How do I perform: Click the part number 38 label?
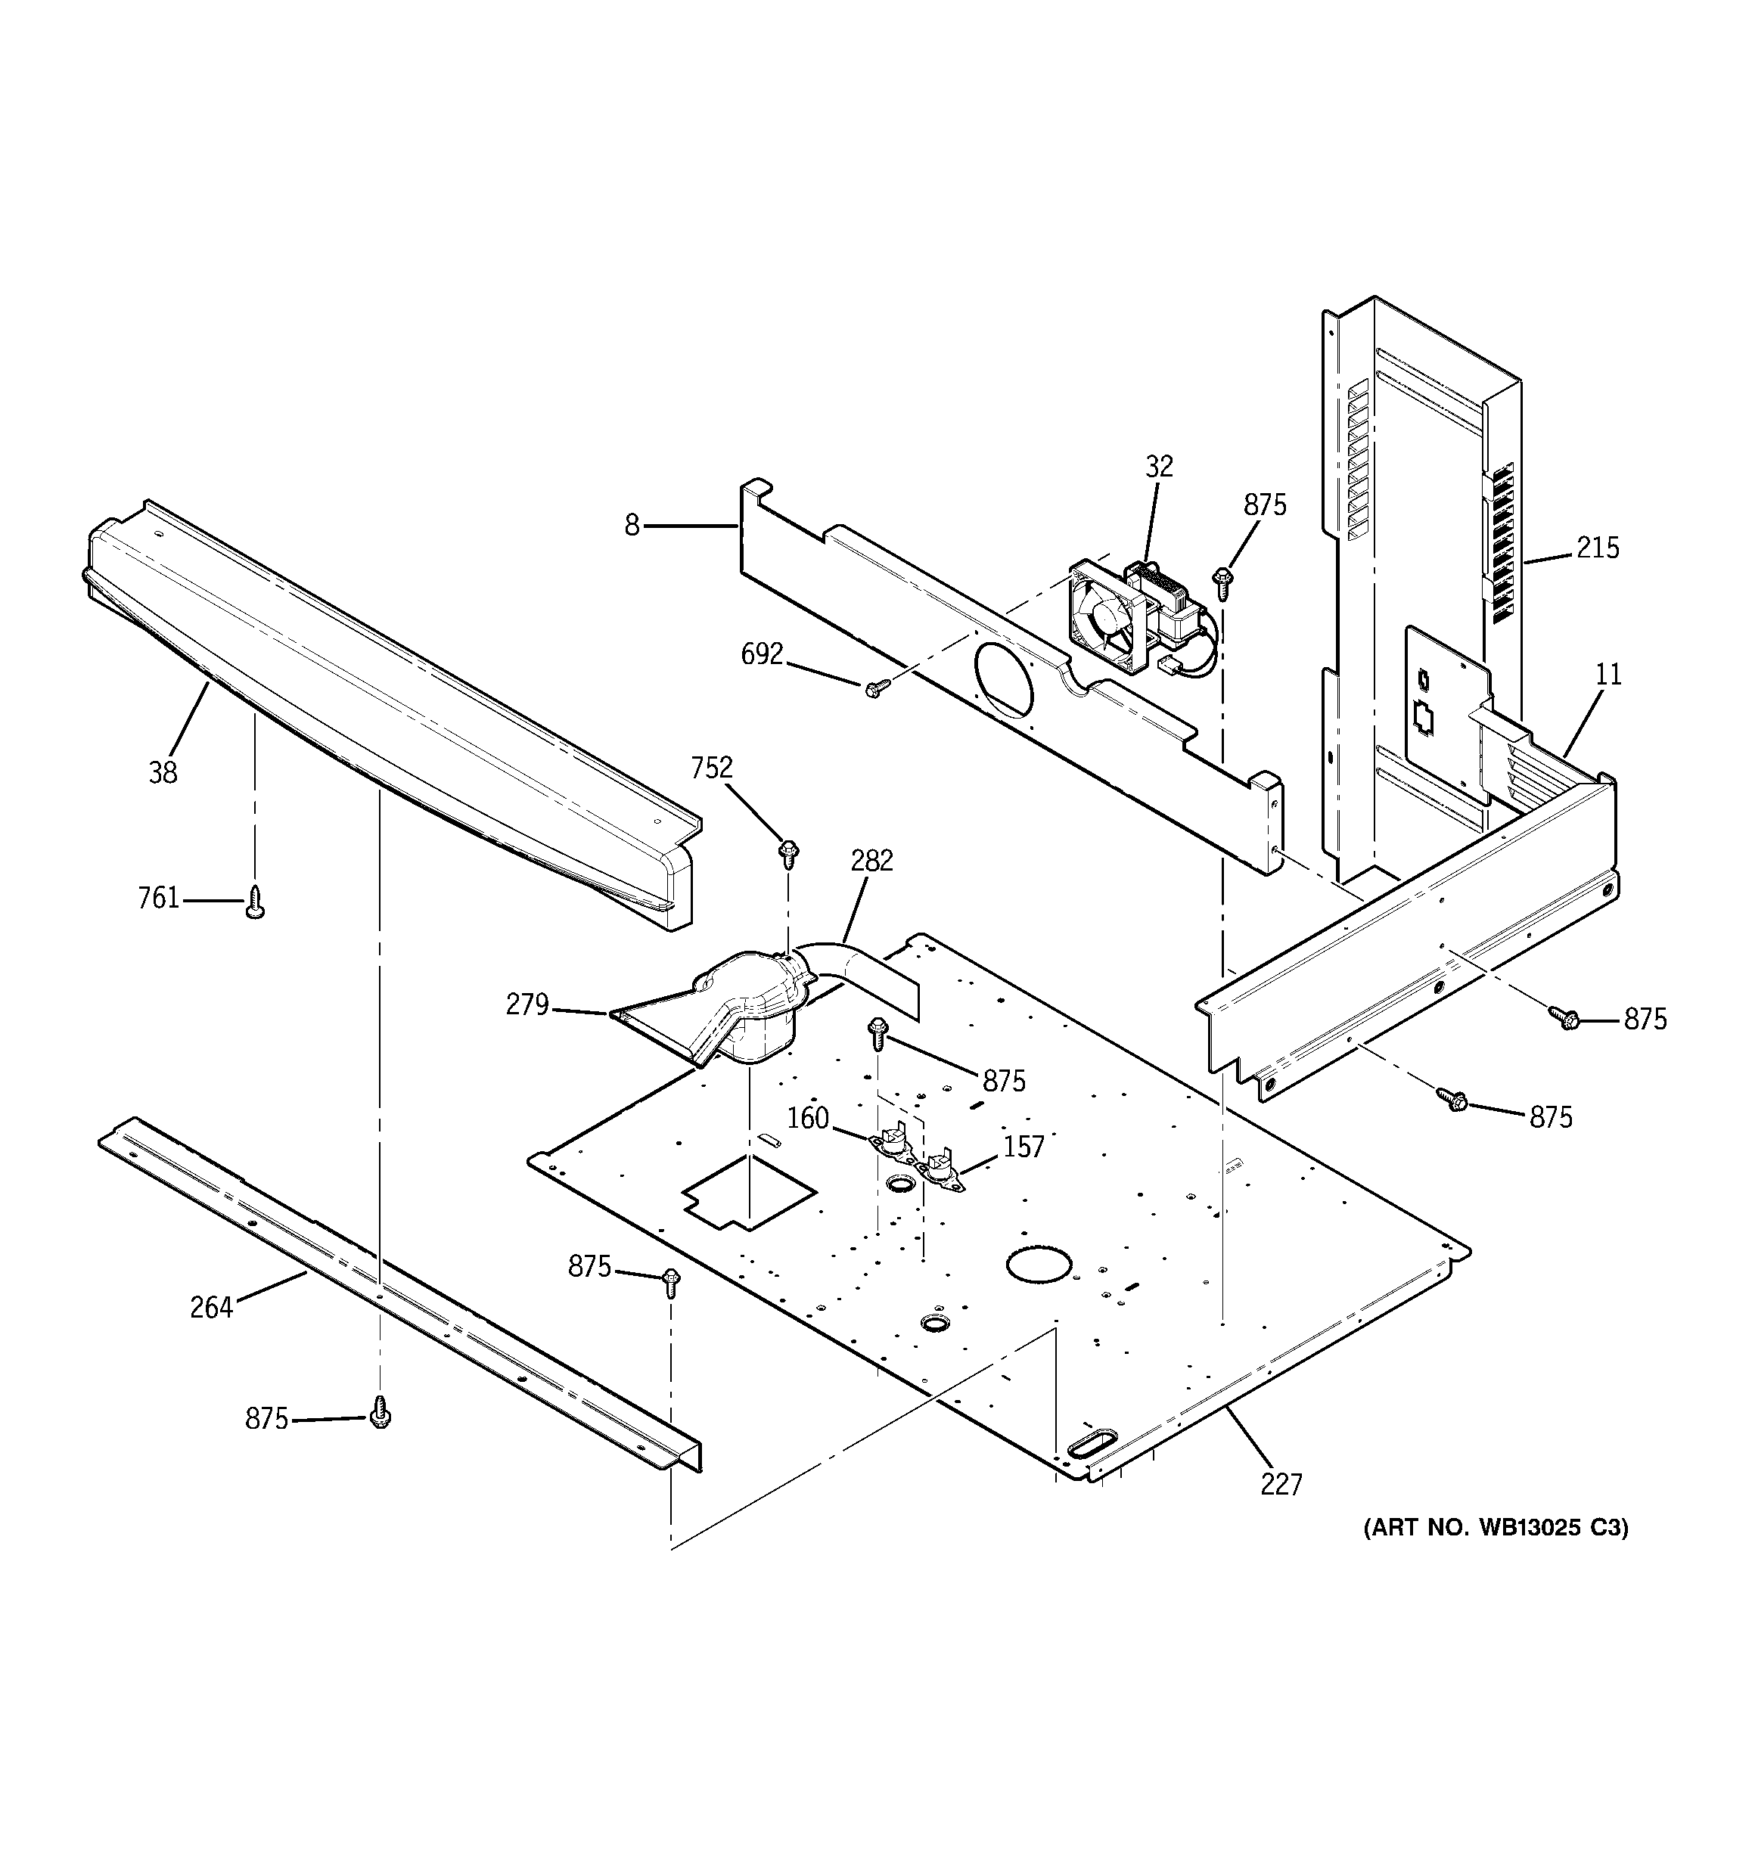pyautogui.click(x=163, y=772)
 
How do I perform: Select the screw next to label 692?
pyautogui.click(x=872, y=691)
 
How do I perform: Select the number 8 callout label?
pyautogui.click(x=632, y=526)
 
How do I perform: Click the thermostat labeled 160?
pyautogui.click(x=890, y=1146)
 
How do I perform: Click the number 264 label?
pyautogui.click(x=211, y=1307)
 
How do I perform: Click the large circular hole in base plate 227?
pyautogui.click(x=1039, y=1264)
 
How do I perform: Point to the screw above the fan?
pyautogui.click(x=1225, y=582)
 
